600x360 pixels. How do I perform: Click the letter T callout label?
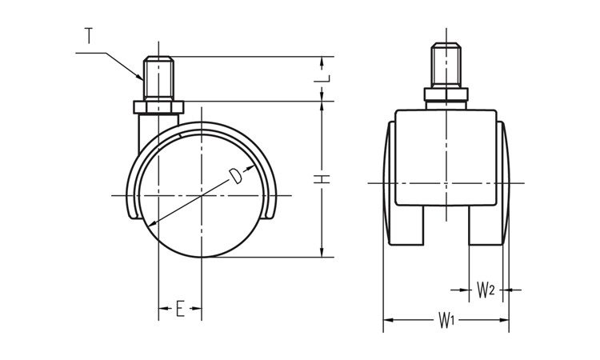pyautogui.click(x=89, y=36)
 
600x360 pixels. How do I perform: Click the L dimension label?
pyautogui.click(x=322, y=78)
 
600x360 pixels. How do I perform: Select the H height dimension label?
pyautogui.click(x=322, y=178)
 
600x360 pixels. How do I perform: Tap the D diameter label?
pyautogui.click(x=235, y=176)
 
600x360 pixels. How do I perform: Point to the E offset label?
pyautogui.click(x=180, y=308)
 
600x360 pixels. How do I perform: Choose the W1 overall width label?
pyautogui.click(x=446, y=320)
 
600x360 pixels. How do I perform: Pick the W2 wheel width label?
pyautogui.click(x=486, y=290)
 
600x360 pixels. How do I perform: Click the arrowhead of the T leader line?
pyautogui.click(x=141, y=78)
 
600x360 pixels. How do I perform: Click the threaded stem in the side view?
pyautogui.click(x=158, y=79)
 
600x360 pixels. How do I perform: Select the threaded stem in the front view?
pyautogui.click(x=446, y=65)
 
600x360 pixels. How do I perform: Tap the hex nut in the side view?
pyautogui.click(x=158, y=107)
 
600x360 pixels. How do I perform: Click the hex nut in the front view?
pyautogui.click(x=446, y=94)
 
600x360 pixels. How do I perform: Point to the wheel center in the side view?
pyautogui.click(x=202, y=196)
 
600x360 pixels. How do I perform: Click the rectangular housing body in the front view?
pyautogui.click(x=446, y=158)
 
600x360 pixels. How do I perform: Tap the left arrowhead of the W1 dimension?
pyautogui.click(x=388, y=320)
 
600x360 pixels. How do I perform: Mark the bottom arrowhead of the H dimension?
pyautogui.click(x=322, y=252)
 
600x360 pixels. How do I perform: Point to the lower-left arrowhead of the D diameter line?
pyautogui.click(x=150, y=224)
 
